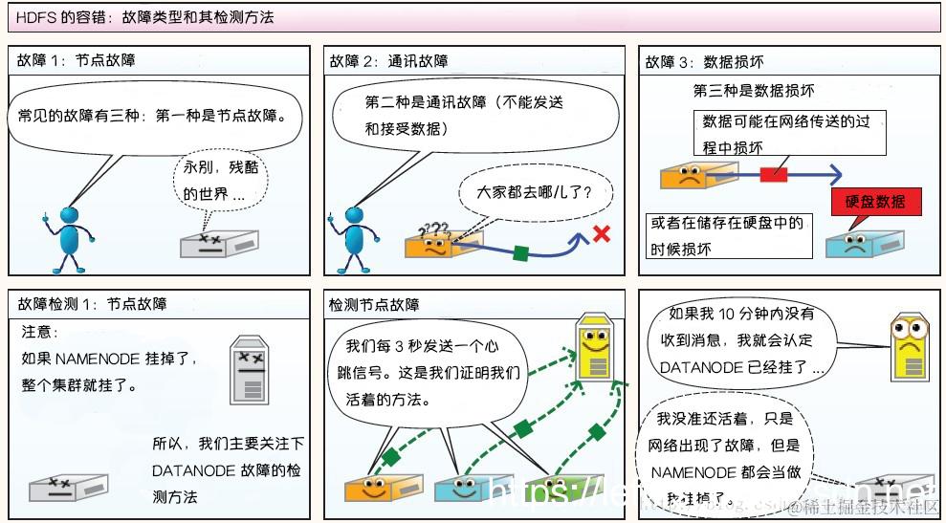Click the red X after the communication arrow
pos(601,232)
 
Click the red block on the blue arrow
pos(774,175)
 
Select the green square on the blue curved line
pos(520,253)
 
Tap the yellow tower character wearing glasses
pos(908,348)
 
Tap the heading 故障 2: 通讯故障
pos(389,61)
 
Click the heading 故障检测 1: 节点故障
pos(93,304)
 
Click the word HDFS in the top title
pos(34,17)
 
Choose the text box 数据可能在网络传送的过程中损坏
pos(789,133)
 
